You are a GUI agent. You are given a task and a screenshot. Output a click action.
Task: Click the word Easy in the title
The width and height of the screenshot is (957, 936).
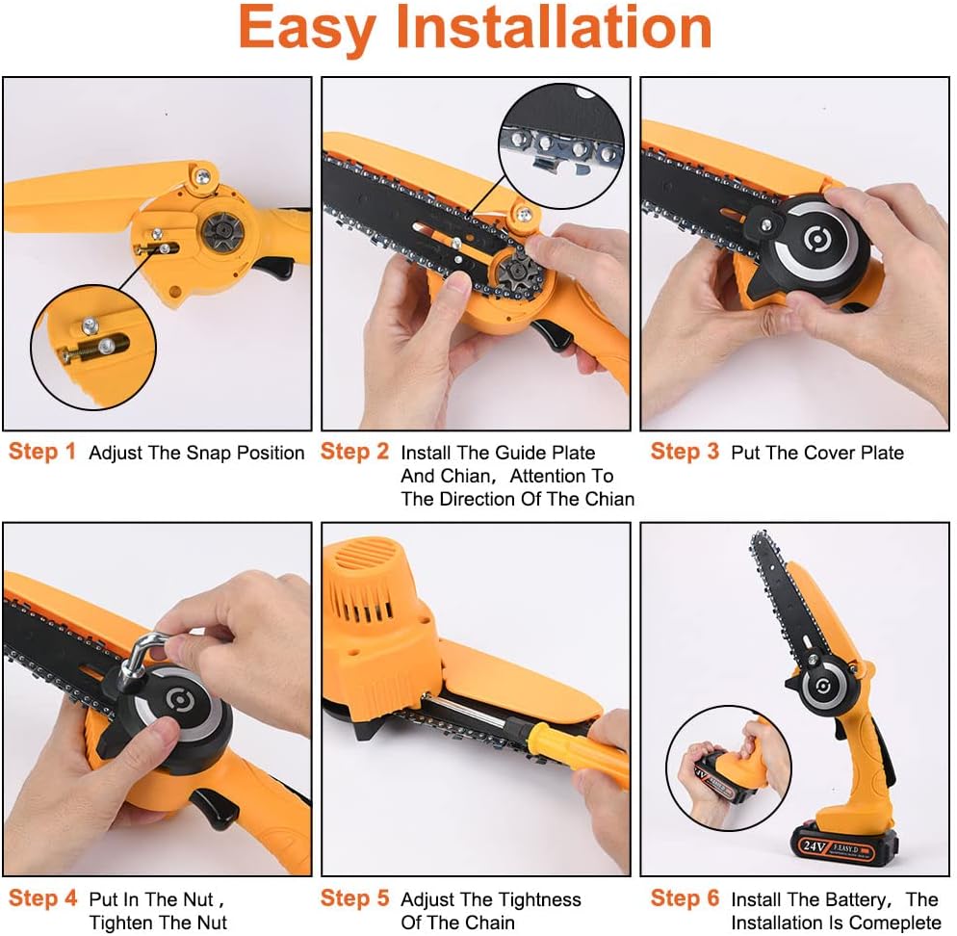[x=307, y=28]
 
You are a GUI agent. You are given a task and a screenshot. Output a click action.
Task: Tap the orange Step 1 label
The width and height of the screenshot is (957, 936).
[x=42, y=452]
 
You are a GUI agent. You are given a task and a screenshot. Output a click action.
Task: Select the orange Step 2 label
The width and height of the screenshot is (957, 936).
[x=354, y=452]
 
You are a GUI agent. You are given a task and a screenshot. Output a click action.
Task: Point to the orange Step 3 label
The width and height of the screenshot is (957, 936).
[x=685, y=452]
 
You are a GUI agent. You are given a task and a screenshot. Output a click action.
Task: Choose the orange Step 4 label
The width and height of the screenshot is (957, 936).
[x=42, y=898]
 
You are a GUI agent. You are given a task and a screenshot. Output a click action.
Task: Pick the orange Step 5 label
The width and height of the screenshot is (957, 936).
[x=354, y=898]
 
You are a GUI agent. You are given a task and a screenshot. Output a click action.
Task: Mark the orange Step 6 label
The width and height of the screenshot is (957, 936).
[x=685, y=898]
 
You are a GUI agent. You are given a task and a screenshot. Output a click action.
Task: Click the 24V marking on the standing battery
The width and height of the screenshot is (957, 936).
[x=815, y=845]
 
